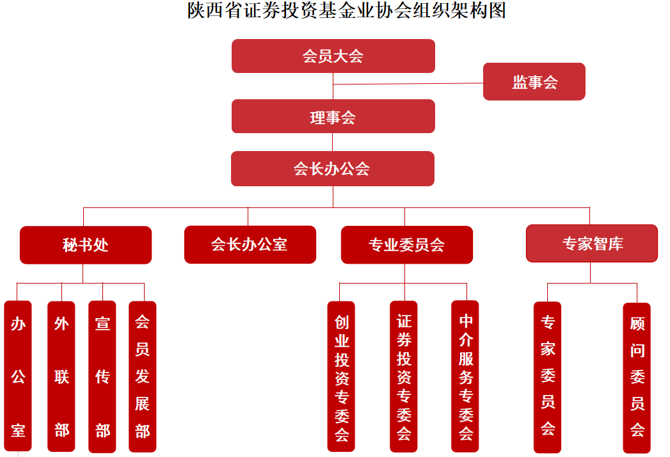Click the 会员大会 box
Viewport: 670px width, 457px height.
pyautogui.click(x=333, y=56)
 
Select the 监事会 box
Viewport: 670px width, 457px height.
pyautogui.click(x=534, y=82)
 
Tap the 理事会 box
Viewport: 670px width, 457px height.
pyautogui.click(x=333, y=116)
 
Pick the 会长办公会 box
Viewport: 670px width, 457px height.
pyautogui.click(x=332, y=168)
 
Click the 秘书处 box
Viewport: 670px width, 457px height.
pyautogui.click(x=86, y=245)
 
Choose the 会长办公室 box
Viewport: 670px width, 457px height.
pyautogui.click(x=250, y=245)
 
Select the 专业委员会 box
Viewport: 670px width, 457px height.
pyautogui.click(x=407, y=245)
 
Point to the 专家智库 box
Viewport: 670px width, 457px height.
pyautogui.click(x=592, y=243)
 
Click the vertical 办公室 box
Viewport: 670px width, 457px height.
pyautogui.click(x=18, y=376)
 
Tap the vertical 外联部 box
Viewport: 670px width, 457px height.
pyautogui.click(x=61, y=376)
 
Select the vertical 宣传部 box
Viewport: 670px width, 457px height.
pyautogui.click(x=102, y=376)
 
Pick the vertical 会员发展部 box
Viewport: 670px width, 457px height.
pyautogui.click(x=142, y=376)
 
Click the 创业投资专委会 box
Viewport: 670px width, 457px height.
pyautogui.click(x=341, y=376)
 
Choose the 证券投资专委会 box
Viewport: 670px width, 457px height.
pyautogui.click(x=403, y=376)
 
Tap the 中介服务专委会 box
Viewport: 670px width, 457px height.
pyautogui.click(x=465, y=376)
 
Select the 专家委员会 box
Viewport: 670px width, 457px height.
pyautogui.click(x=547, y=377)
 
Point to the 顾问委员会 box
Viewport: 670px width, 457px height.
pyautogui.click(x=637, y=378)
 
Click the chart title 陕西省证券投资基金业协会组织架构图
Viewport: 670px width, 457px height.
pyautogui.click(x=347, y=10)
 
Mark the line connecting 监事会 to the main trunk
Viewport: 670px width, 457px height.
pyautogui.click(x=408, y=84)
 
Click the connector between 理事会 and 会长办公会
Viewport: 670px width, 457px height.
pyautogui.click(x=333, y=142)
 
